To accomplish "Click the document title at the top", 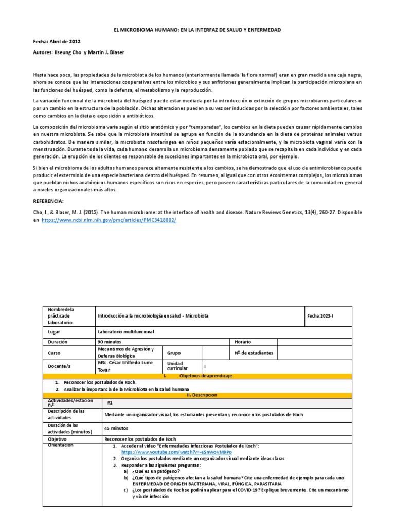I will pyautogui.click(x=197, y=30).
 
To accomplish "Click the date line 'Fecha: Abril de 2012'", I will pyautogui.click(x=57, y=41).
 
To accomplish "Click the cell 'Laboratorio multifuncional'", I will pyautogui.click(x=127, y=332).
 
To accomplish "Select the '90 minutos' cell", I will pyautogui.click(x=109, y=342).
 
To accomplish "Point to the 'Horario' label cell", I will pyautogui.click(x=243, y=342).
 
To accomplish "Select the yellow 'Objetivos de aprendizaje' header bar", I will pyautogui.click(x=197, y=376).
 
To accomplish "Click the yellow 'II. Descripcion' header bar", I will pyautogui.click(x=197, y=395).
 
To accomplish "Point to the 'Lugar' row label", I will pyautogui.click(x=55, y=332).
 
